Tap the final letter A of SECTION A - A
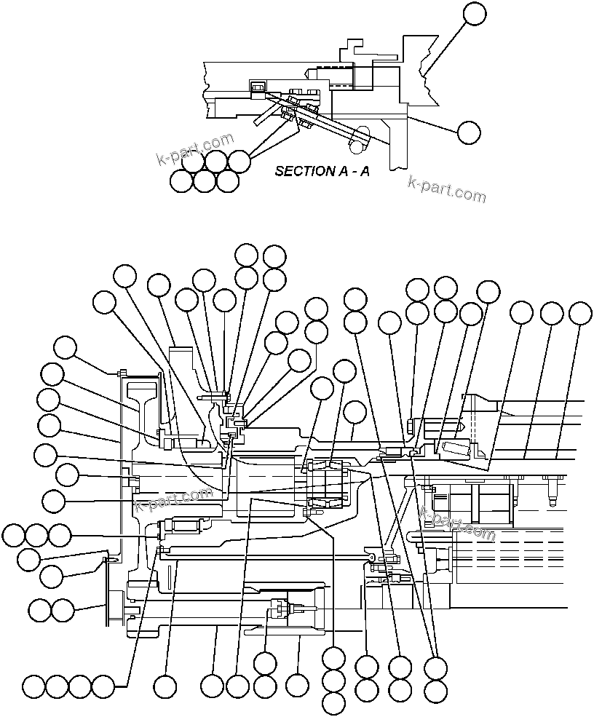pyautogui.click(x=363, y=172)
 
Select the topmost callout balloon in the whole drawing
pyautogui.click(x=474, y=13)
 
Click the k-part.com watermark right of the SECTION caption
pyautogui.click(x=446, y=189)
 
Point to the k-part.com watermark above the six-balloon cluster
pyautogui.click(x=195, y=149)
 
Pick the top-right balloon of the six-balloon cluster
pyautogui.click(x=239, y=160)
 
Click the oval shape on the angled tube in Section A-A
pyautogui.click(x=359, y=138)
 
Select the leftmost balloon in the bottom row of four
pyautogui.click(x=33, y=686)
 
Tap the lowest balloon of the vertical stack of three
pyautogui.click(x=333, y=703)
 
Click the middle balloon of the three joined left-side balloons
pyautogui.click(x=36, y=536)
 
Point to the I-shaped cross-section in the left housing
pyautogui.click(x=141, y=408)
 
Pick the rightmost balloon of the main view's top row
pyautogui.click(x=580, y=313)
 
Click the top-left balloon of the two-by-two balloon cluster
pyautogui.click(x=246, y=255)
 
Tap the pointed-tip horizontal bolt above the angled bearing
pyautogui.click(x=437, y=424)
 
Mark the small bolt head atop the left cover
pyautogui.click(x=120, y=373)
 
